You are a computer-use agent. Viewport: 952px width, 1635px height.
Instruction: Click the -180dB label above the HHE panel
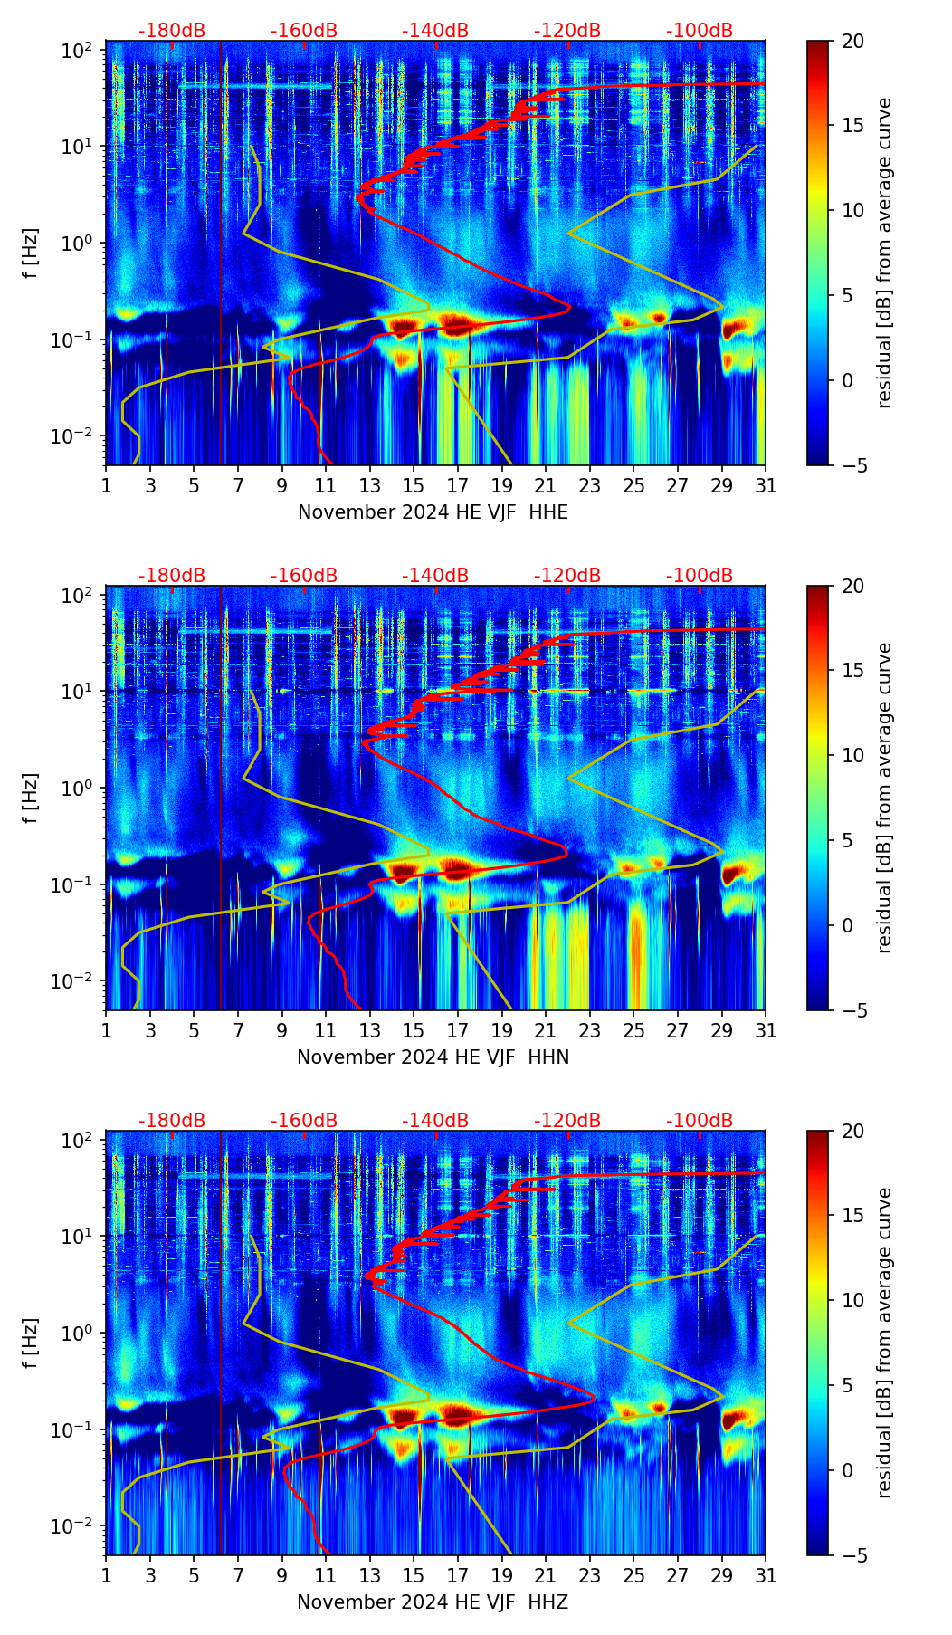point(172,31)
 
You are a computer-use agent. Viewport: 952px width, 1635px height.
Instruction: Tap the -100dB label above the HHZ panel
point(700,1121)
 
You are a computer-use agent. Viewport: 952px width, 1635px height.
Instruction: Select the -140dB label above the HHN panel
point(435,576)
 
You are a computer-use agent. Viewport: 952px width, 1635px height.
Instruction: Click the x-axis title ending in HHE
point(433,512)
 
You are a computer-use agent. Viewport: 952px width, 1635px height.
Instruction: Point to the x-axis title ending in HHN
point(433,1057)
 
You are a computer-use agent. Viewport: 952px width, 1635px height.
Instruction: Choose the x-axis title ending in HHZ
point(433,1602)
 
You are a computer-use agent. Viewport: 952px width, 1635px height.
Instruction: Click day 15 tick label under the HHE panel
point(414,486)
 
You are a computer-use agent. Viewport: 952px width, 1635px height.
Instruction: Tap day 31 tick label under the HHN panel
point(766,1031)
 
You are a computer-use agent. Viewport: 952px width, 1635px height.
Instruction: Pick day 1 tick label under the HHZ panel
point(106,1576)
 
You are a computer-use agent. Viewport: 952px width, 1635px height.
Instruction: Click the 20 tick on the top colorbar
point(852,41)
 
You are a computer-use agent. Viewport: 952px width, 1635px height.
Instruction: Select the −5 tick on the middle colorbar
point(851,1010)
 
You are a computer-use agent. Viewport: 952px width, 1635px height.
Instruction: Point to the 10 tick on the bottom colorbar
point(852,1300)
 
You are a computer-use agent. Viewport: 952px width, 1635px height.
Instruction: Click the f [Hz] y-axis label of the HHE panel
point(31,253)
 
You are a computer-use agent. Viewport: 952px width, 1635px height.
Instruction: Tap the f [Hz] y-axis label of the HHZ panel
point(31,1343)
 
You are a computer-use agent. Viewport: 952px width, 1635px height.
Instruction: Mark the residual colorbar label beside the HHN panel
point(884,798)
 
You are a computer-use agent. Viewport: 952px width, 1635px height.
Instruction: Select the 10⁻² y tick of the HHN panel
point(75,981)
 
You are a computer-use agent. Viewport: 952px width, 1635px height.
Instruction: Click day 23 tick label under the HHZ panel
point(589,1576)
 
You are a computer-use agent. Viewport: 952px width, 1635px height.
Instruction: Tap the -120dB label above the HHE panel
point(567,31)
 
